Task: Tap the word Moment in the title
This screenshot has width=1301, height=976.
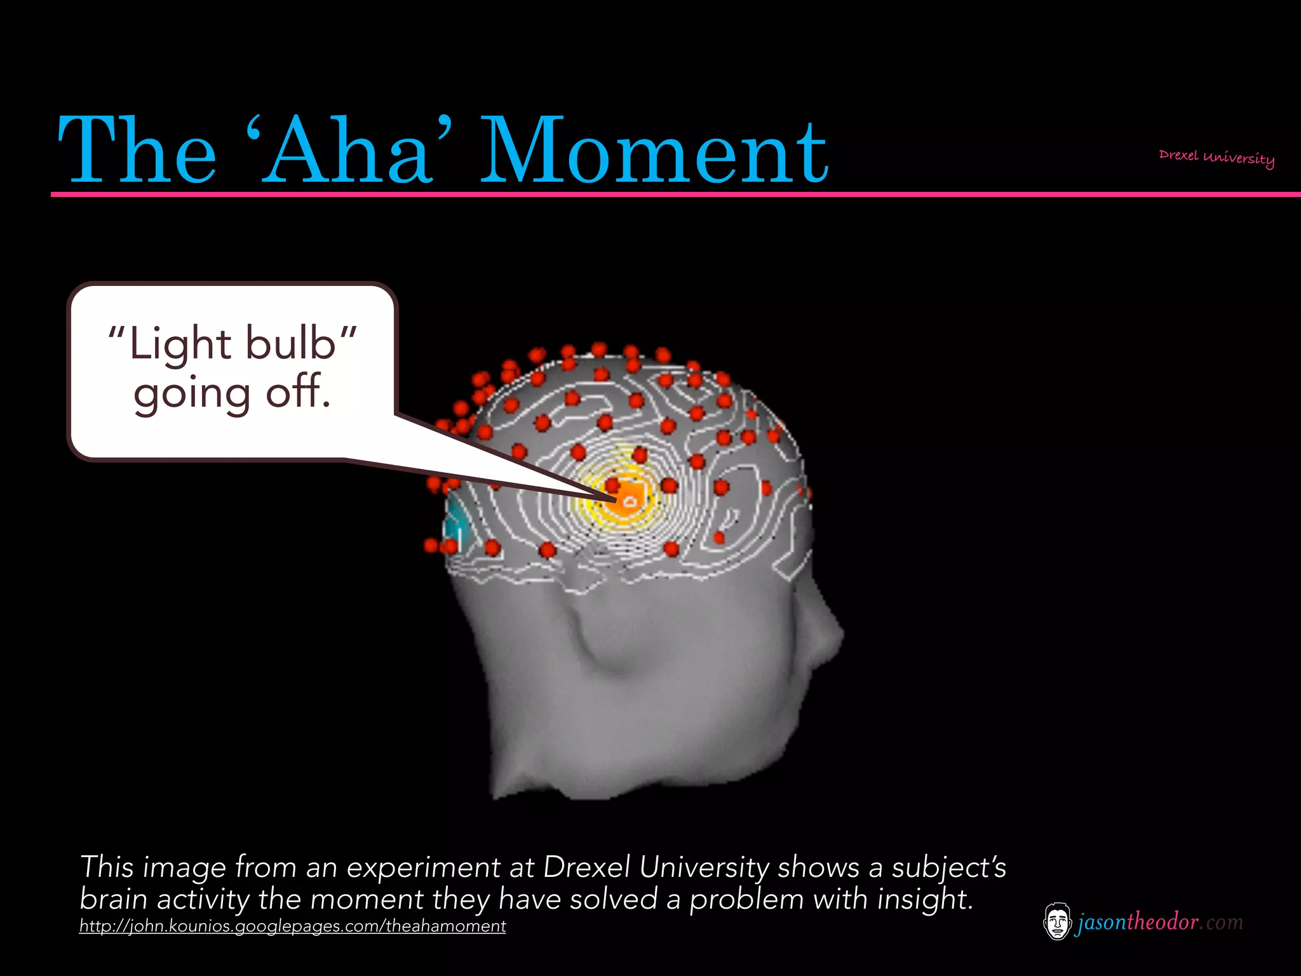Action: (654, 151)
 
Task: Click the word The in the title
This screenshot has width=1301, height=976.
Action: (137, 151)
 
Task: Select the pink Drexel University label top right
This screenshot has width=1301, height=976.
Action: (1216, 157)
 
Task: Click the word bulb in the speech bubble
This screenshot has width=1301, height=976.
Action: (290, 344)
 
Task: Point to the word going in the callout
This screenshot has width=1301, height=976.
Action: (192, 394)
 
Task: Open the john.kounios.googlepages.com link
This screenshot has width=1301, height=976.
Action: (292, 926)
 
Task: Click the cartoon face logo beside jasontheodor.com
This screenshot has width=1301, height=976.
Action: (1056, 921)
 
